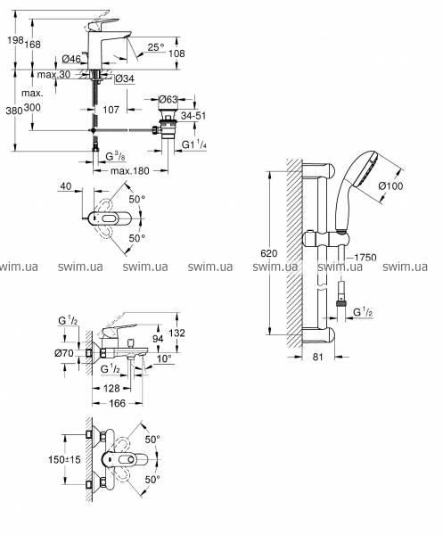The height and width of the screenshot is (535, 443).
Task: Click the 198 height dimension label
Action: pos(16,41)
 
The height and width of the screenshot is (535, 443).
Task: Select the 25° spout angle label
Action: pos(156,47)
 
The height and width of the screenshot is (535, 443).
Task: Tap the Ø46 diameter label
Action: pos(71,59)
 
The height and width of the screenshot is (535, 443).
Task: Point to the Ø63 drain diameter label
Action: pos(168,99)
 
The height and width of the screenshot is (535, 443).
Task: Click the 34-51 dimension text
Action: pos(193,116)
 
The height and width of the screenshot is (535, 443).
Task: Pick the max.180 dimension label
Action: pos(130,170)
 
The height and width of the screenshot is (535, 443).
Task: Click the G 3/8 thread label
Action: pos(115,157)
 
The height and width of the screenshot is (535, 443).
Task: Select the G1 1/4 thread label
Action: pos(194,144)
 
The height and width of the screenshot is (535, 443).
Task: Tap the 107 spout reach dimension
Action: pos(111,110)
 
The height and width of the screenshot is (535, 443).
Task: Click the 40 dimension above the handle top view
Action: pos(66,186)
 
